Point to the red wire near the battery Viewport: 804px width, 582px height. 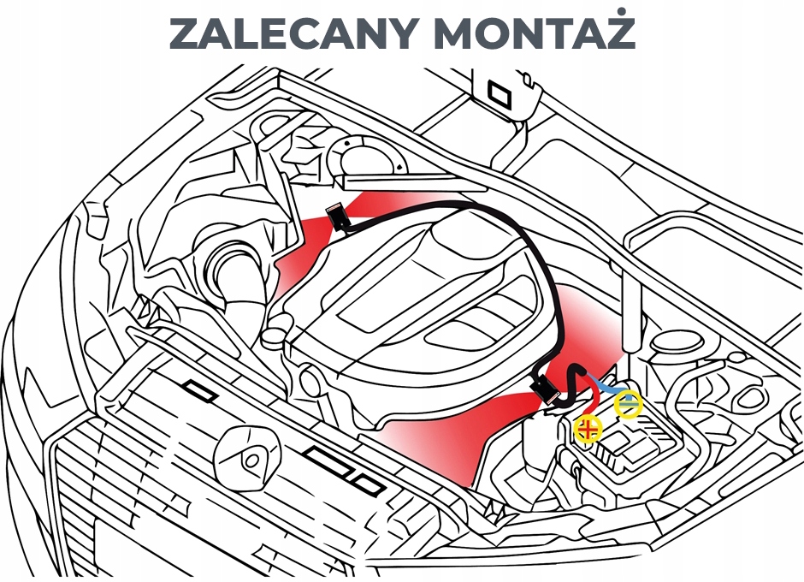pyautogui.click(x=589, y=399)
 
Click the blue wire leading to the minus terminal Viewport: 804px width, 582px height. pyautogui.click(x=608, y=388)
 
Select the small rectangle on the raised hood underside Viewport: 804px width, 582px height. pyautogui.click(x=495, y=89)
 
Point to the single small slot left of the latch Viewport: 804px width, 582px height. pyautogui.click(x=203, y=391)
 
